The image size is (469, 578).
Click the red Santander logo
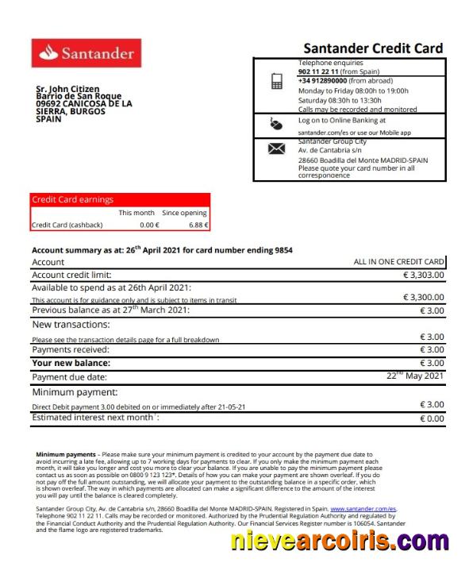86,53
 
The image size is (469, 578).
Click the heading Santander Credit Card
373,48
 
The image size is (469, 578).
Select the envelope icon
276,148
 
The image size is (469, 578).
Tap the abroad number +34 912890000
322,81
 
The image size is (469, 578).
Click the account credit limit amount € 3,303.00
424,275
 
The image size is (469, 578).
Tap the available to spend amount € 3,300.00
424,297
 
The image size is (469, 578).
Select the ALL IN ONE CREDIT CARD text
398,261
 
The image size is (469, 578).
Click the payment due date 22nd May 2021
414,376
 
